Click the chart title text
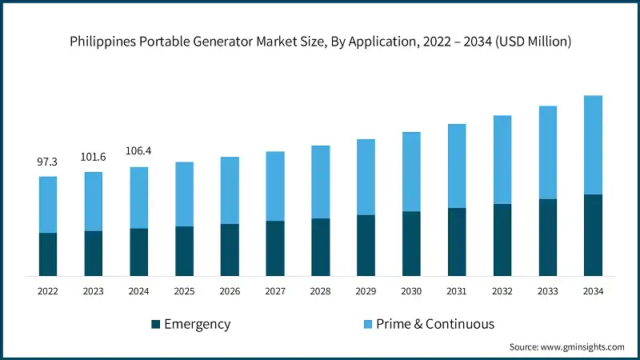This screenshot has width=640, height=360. [320, 42]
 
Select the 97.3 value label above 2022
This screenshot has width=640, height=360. [48, 162]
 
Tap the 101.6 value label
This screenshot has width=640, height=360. [94, 158]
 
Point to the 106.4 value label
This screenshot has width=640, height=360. [139, 152]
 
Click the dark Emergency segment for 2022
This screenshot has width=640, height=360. [48, 254]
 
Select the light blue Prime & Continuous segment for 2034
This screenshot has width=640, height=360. [593, 145]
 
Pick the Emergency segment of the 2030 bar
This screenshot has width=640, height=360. [411, 244]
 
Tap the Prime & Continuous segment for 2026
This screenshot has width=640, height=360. [230, 190]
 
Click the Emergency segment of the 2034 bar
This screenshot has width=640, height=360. [593, 235]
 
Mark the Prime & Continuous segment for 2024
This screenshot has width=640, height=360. [139, 198]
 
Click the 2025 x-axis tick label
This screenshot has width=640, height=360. [184, 292]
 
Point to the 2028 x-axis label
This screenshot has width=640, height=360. [320, 292]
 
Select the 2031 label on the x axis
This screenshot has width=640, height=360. [457, 292]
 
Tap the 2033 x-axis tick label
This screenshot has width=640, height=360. [547, 292]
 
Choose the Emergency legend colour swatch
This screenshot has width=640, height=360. [155, 324]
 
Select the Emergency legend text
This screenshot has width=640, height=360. [197, 324]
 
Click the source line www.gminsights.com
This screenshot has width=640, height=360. [566, 347]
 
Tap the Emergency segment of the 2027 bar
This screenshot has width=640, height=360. [275, 249]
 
